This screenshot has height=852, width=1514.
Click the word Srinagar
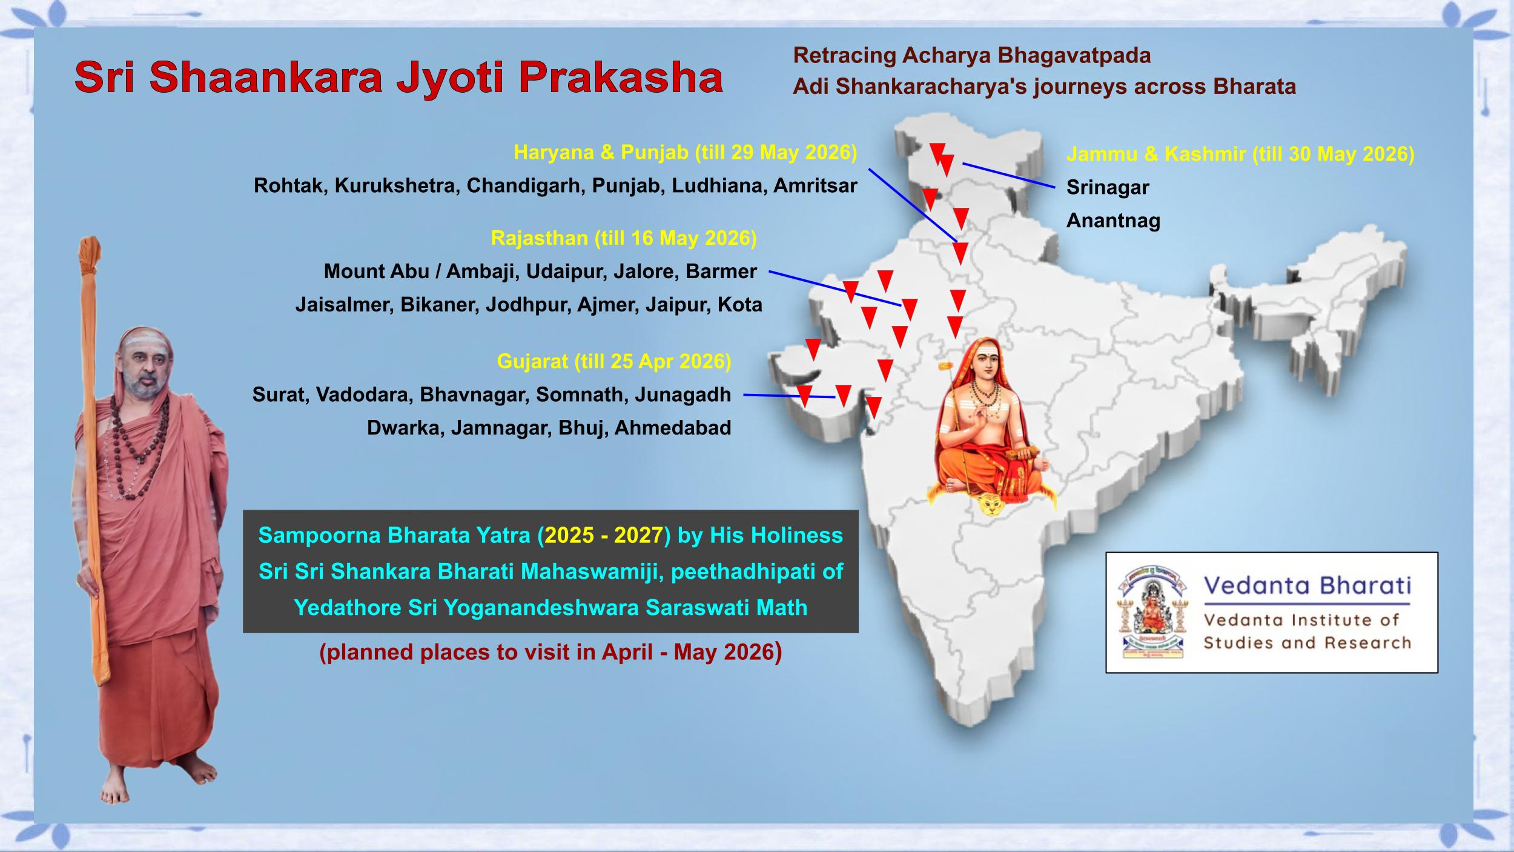pos(1108,188)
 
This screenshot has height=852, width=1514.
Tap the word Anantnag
pos(1113,221)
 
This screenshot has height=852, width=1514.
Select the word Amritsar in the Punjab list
pos(815,185)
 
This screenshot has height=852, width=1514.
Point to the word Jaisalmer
pos(342,304)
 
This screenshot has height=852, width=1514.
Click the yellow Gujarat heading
pos(614,362)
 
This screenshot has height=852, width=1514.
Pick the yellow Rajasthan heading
pos(624,238)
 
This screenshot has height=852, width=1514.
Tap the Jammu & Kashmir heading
pos(1240,154)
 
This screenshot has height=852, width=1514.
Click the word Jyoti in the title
pos(449,78)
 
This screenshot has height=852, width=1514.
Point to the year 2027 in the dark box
pos(638,536)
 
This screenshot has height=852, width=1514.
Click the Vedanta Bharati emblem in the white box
pos(1150,613)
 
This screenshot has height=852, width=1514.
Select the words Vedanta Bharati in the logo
pos(1307,586)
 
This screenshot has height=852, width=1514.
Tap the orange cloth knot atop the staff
pos(89,258)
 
